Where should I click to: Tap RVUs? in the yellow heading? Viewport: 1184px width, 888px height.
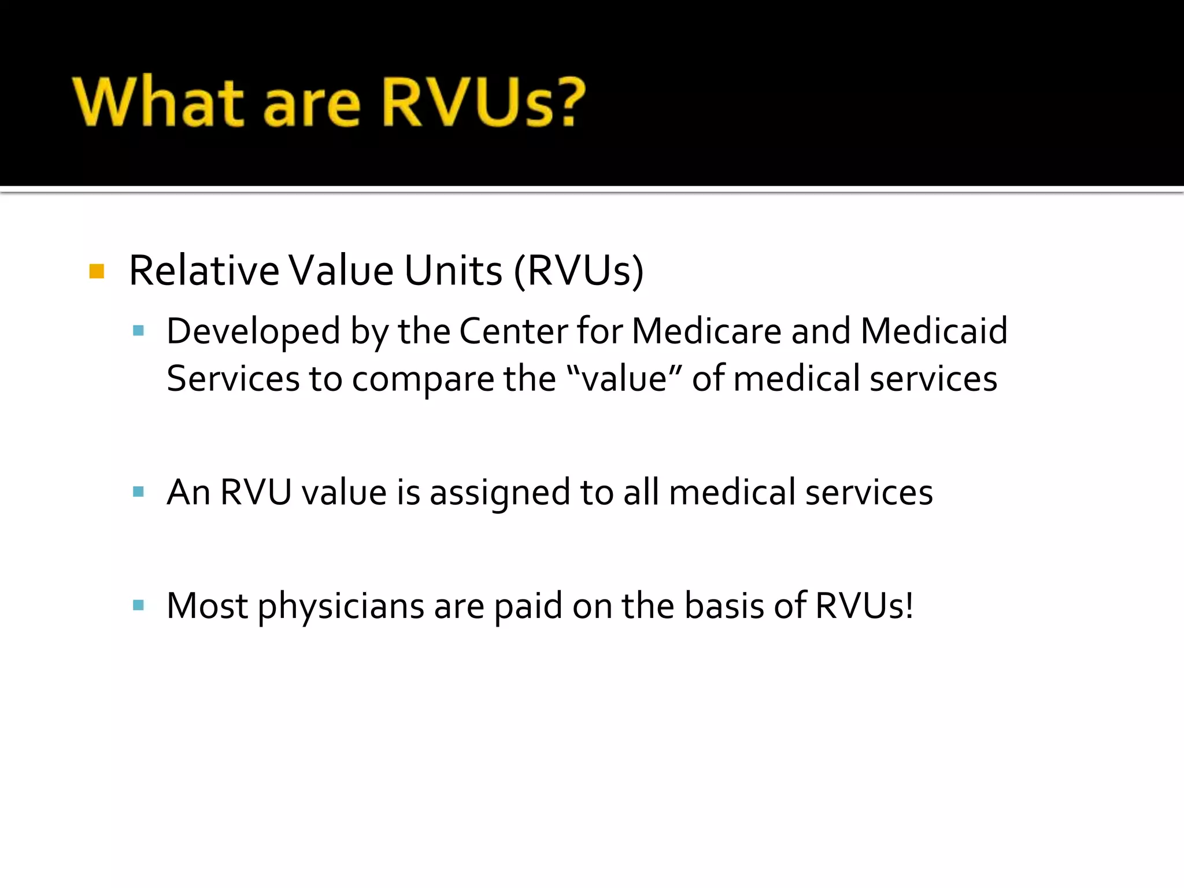[x=483, y=102]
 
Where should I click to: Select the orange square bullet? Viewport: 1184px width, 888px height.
[x=97, y=271]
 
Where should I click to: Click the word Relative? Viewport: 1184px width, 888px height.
[x=203, y=271]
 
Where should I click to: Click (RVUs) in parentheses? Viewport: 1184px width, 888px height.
[x=578, y=271]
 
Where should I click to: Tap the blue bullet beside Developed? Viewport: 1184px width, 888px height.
[x=138, y=331]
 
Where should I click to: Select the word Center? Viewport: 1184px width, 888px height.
[x=513, y=331]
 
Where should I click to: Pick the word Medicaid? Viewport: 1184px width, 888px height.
[x=934, y=331]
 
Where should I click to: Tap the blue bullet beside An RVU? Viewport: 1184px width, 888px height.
[x=138, y=492]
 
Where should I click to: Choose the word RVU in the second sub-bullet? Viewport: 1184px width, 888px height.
[x=256, y=493]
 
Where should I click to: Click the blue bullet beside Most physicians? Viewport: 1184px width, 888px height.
[x=138, y=605]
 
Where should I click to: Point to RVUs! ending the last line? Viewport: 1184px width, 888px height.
[x=864, y=606]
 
